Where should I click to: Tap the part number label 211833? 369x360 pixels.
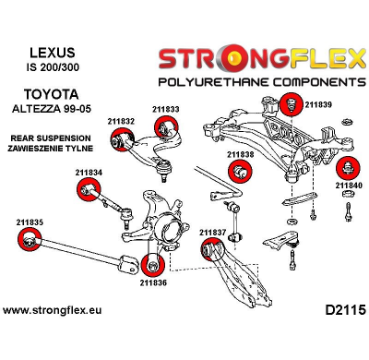coord(165,110)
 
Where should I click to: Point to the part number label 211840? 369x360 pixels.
coord(348,186)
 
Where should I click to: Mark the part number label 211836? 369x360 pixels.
coord(153,282)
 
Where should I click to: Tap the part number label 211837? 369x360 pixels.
coord(211,232)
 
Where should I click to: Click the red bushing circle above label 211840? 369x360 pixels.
coord(347,169)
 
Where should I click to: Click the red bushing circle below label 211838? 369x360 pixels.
coord(241,173)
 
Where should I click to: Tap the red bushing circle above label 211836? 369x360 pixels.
coord(153,264)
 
